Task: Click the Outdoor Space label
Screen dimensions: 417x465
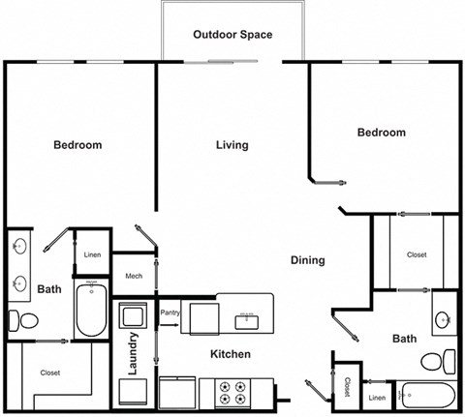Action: [x=232, y=35]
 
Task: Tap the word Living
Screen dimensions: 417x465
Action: [x=232, y=145]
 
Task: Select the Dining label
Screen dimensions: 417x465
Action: [x=308, y=260]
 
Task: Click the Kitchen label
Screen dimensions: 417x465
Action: [x=231, y=354]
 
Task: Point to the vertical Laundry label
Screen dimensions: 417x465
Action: [x=134, y=354]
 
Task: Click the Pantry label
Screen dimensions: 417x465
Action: [x=170, y=313]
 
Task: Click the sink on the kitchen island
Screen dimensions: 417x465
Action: [x=246, y=316]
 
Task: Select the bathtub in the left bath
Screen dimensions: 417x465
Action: [x=93, y=310]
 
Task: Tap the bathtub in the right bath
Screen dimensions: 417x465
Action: [x=426, y=397]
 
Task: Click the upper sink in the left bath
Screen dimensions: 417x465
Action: [x=21, y=248]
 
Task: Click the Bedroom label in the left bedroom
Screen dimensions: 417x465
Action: [x=77, y=145]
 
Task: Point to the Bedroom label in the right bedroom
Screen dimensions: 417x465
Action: [x=381, y=133]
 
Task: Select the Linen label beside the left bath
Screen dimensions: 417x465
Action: [x=93, y=255]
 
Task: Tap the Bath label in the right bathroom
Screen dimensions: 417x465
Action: [x=405, y=339]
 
